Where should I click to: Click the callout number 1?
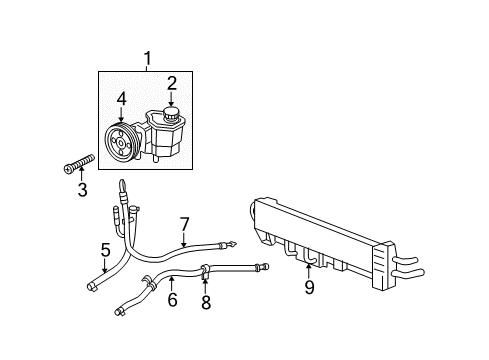[148, 59]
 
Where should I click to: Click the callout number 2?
[171, 82]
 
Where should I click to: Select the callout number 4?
[120, 99]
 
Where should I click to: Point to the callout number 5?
[104, 250]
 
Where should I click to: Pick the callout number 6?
[171, 298]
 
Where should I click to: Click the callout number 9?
[309, 289]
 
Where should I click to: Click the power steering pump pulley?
[120, 144]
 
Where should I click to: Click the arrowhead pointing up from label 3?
[83, 172]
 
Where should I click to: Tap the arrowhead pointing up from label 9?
[309, 265]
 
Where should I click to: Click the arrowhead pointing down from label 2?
[171, 105]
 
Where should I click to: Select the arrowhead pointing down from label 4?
[120, 122]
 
